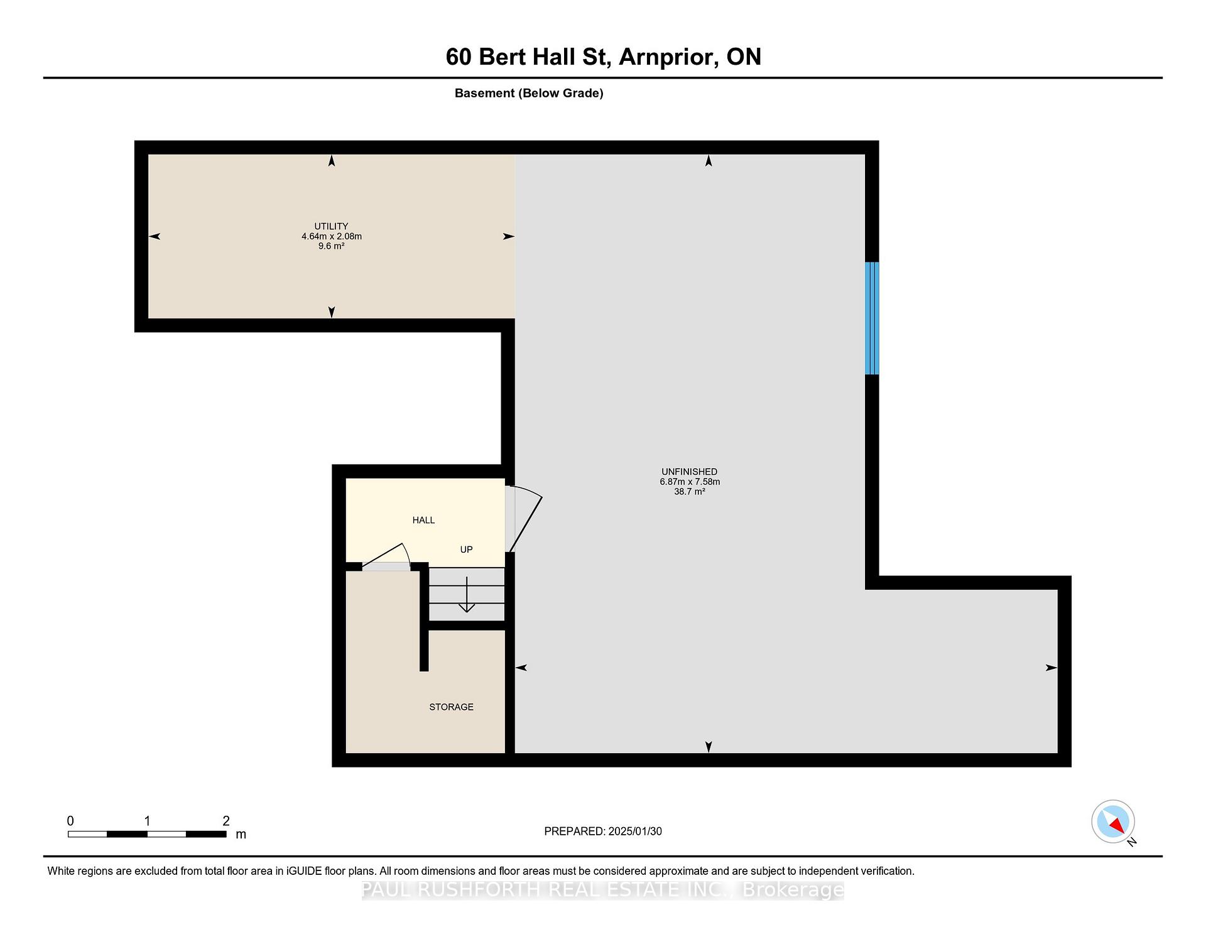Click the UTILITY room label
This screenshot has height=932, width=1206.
coord(331,226)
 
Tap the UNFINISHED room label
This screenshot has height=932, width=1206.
coord(689,472)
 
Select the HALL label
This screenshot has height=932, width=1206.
coord(423,520)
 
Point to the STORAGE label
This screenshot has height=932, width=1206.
coord(451,707)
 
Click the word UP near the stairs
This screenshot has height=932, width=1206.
coord(466,550)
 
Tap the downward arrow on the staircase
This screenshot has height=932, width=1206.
coord(467,594)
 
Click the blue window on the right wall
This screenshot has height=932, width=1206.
coord(872,318)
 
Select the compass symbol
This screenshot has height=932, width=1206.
coord(1113,821)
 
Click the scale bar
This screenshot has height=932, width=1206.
coord(147,834)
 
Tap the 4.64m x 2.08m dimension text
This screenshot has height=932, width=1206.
coord(332,237)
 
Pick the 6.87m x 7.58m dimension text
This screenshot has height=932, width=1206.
coord(690,482)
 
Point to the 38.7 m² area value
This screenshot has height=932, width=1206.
coord(690,492)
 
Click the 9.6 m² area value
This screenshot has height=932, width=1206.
coord(331,246)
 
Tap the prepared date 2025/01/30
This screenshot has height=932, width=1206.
coord(635,832)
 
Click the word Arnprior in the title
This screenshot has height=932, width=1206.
coord(669,57)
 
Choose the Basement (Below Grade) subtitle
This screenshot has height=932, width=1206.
coord(529,93)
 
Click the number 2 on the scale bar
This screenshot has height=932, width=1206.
coord(226,821)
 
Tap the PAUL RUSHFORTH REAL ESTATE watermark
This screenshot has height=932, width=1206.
coord(603,890)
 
